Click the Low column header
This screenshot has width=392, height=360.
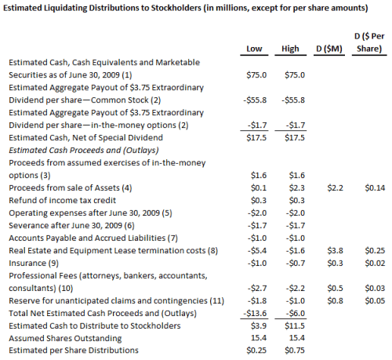pos(252,49)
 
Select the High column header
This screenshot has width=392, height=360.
pos(291,49)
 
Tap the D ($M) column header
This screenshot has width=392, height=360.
pos(329,49)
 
